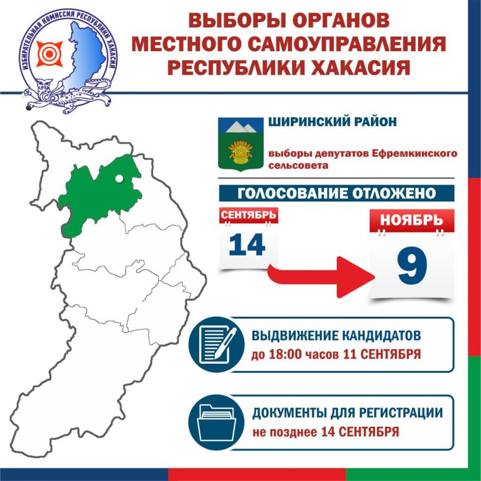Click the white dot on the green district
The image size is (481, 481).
pyautogui.click(x=119, y=179)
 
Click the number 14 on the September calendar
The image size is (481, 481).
pyautogui.click(x=247, y=245)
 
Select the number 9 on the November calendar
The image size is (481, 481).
pyautogui.click(x=412, y=266)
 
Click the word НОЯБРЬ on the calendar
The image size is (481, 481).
pyautogui.click(x=412, y=220)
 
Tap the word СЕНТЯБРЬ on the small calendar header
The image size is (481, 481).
pyautogui.click(x=248, y=215)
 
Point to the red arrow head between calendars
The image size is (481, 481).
pyautogui.click(x=356, y=277)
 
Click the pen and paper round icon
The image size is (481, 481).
pyautogui.click(x=216, y=345)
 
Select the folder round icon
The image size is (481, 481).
pyautogui.click(x=216, y=423)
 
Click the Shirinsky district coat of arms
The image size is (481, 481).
pyautogui.click(x=241, y=144)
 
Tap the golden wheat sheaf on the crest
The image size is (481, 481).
pyautogui.click(x=240, y=152)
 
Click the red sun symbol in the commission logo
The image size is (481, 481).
pyautogui.click(x=49, y=54)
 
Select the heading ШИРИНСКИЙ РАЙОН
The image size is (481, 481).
pyautogui.click(x=332, y=122)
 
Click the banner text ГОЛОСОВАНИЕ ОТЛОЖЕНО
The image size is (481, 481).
pyautogui.click(x=337, y=193)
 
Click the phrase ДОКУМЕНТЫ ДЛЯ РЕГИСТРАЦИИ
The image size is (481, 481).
pyautogui.click(x=348, y=413)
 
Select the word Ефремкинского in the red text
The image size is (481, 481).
pyautogui.click(x=414, y=153)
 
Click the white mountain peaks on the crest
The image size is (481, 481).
pyautogui.click(x=241, y=126)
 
